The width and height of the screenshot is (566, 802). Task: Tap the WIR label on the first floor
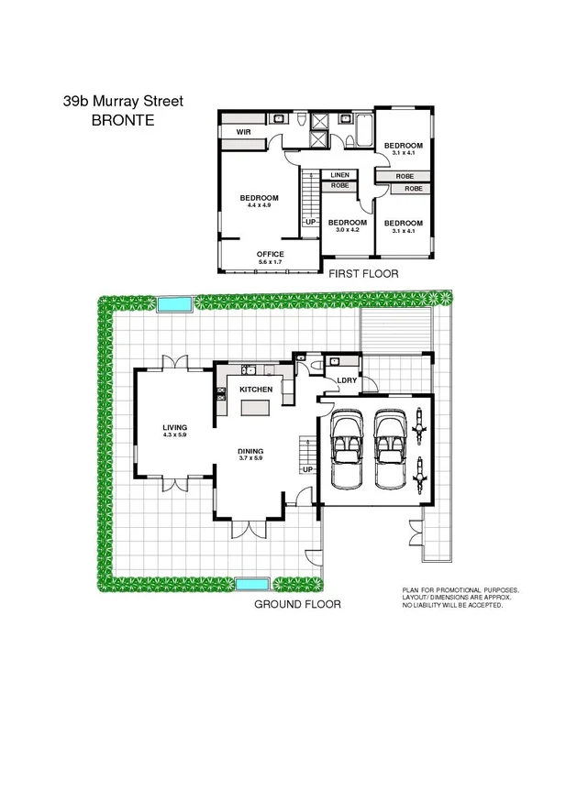point(243,133)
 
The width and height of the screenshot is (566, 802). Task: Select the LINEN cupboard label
point(339,174)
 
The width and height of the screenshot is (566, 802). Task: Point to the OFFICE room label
point(270,254)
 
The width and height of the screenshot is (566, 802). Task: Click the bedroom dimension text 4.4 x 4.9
point(259,205)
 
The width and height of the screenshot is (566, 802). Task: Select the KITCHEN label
point(256,390)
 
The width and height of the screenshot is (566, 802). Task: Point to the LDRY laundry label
point(347,379)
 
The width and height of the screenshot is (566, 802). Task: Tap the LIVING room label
point(174,427)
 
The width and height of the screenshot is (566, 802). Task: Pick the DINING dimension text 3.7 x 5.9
point(250,458)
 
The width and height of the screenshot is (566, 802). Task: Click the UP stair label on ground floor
point(308,469)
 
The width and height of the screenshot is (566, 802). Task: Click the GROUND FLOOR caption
point(297,605)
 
